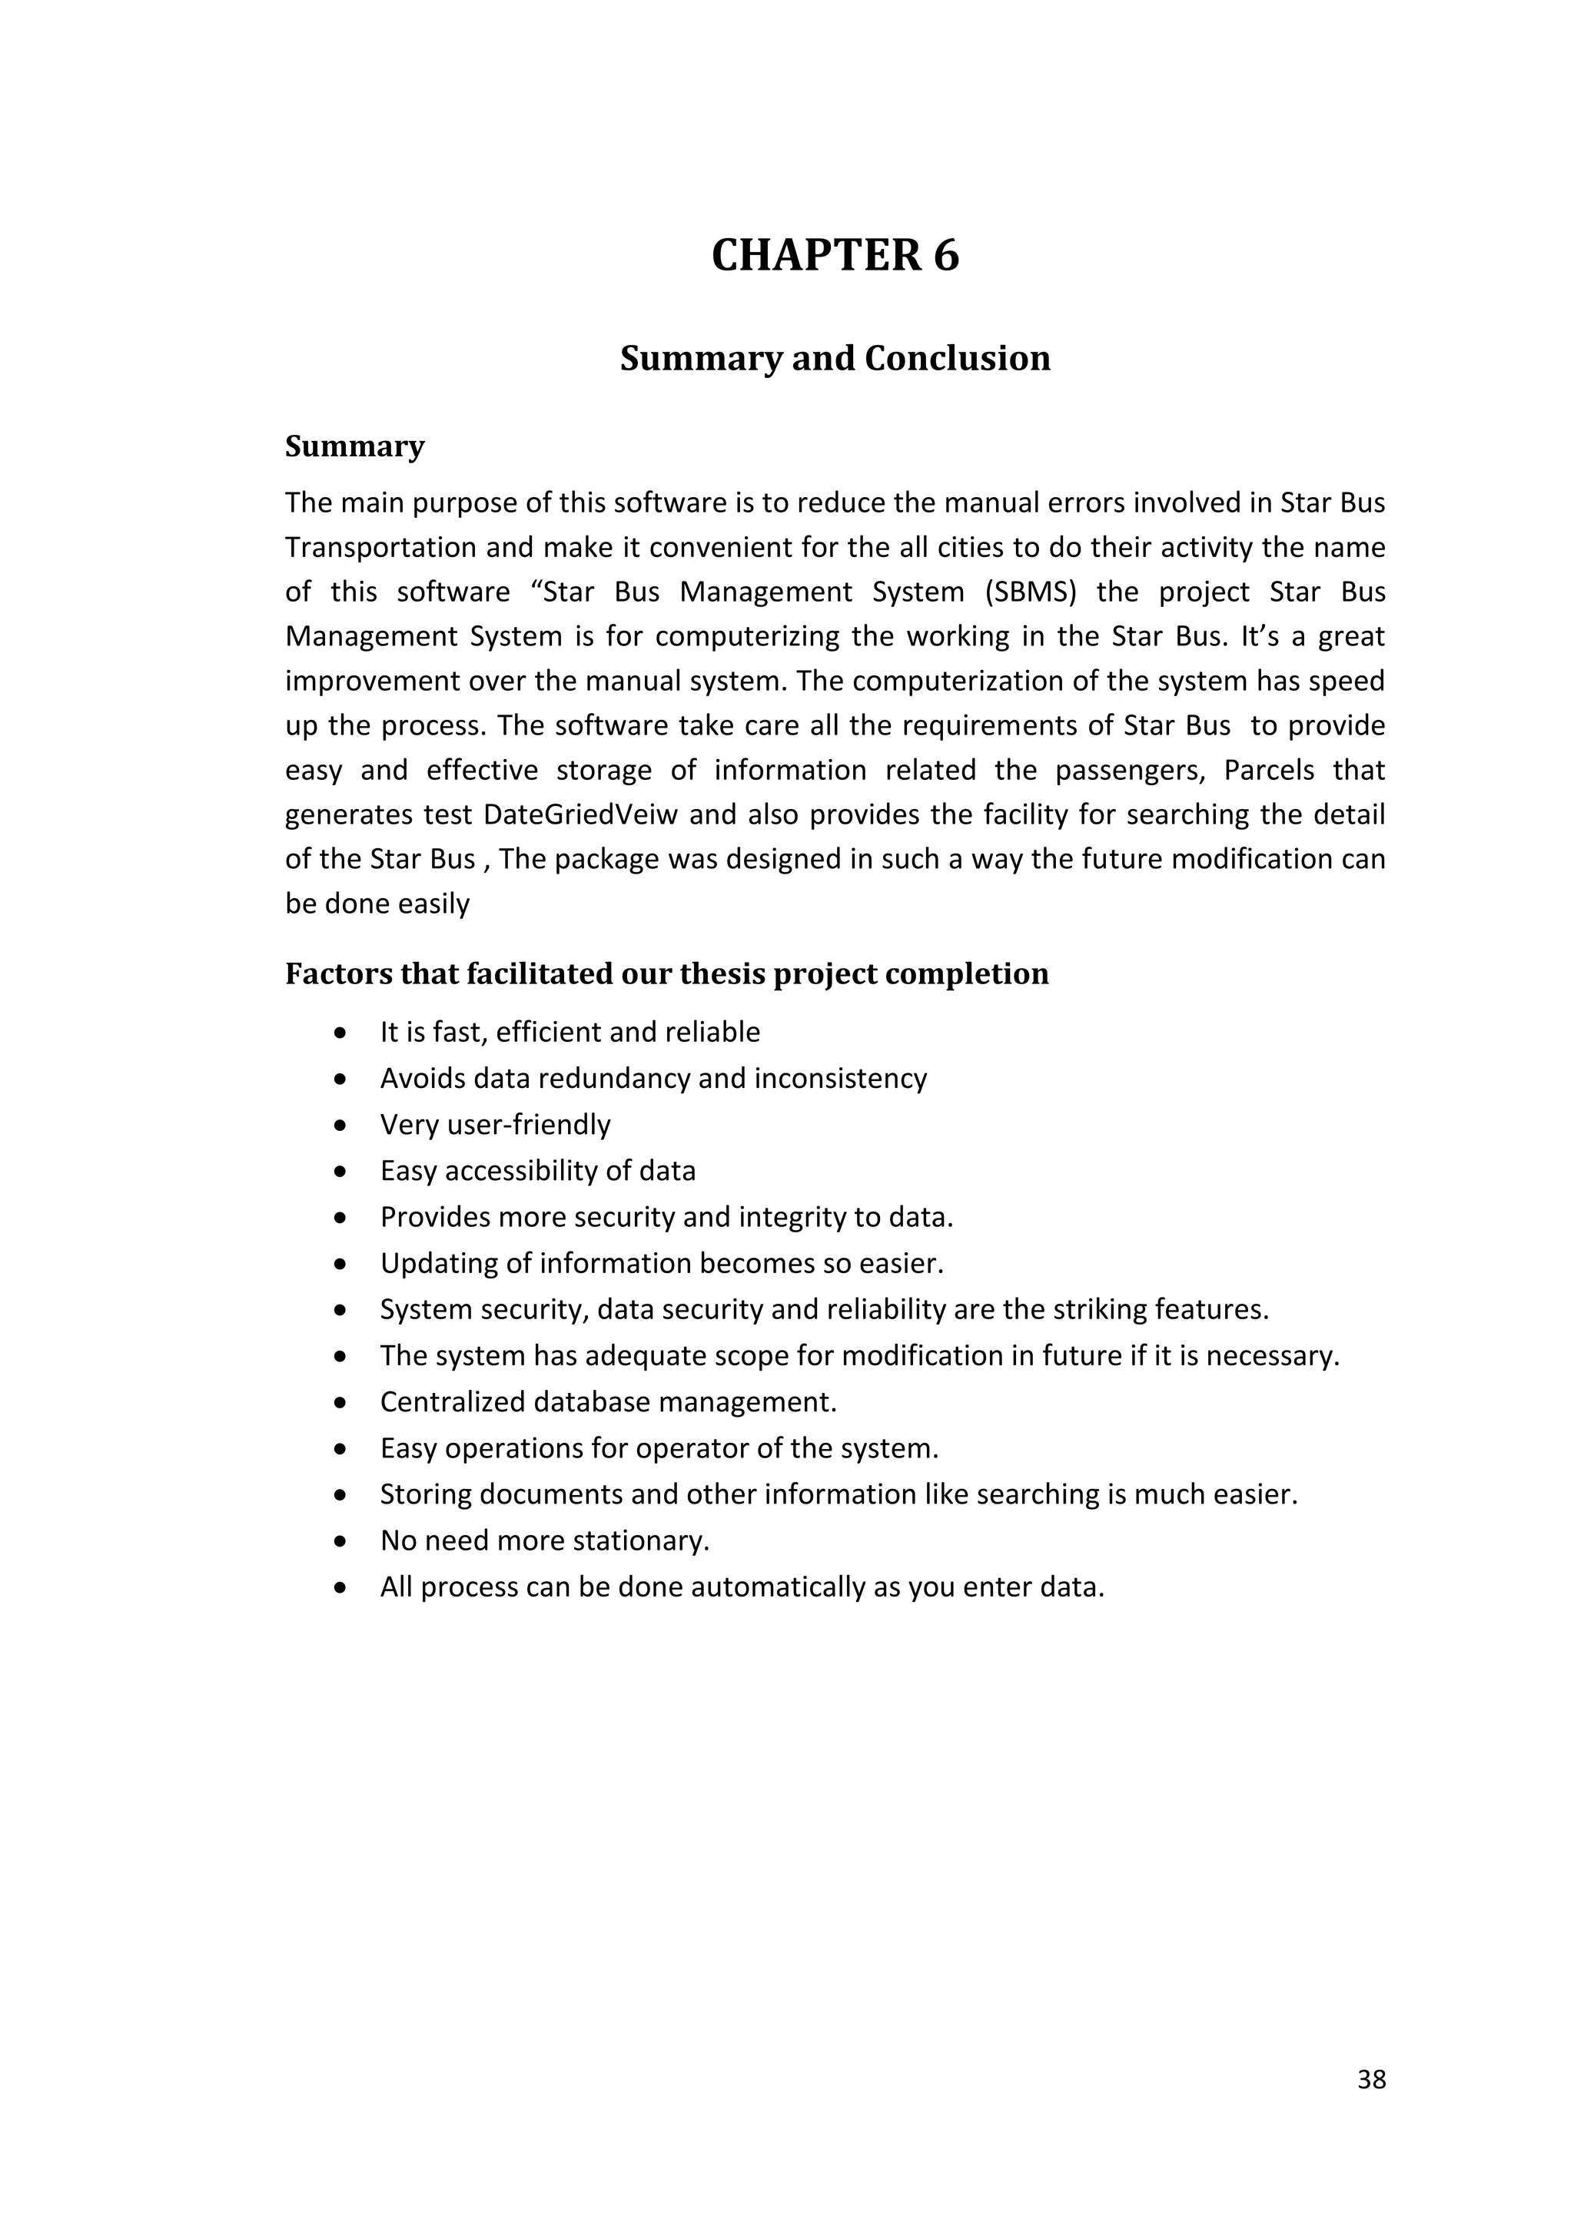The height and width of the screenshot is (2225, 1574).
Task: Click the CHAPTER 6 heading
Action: [835, 256]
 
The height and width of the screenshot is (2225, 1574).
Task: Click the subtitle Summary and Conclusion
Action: [835, 359]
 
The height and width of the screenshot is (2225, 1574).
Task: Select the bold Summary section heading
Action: [355, 446]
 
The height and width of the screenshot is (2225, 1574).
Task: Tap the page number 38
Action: [1371, 2080]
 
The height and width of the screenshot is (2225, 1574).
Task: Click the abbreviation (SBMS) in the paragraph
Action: [1031, 592]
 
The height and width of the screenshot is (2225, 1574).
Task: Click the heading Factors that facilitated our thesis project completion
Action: [667, 974]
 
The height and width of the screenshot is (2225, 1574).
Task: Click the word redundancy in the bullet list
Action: [597, 1079]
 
